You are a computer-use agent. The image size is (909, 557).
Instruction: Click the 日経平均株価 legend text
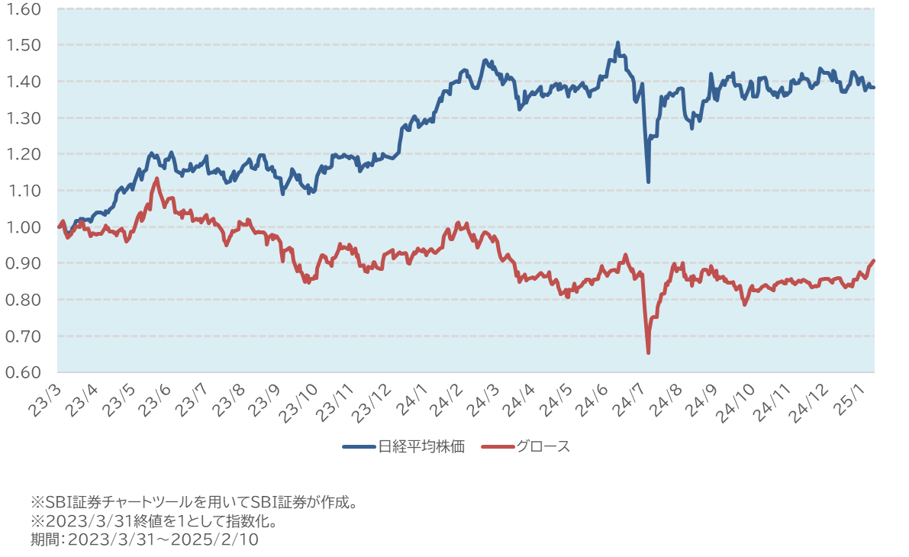click(422, 446)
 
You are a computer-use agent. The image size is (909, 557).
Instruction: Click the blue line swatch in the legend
click(359, 446)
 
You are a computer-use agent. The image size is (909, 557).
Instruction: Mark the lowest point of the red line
click(648, 353)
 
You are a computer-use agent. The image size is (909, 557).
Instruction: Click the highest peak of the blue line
click(617, 43)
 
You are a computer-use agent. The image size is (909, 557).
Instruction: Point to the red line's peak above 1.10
click(156, 179)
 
